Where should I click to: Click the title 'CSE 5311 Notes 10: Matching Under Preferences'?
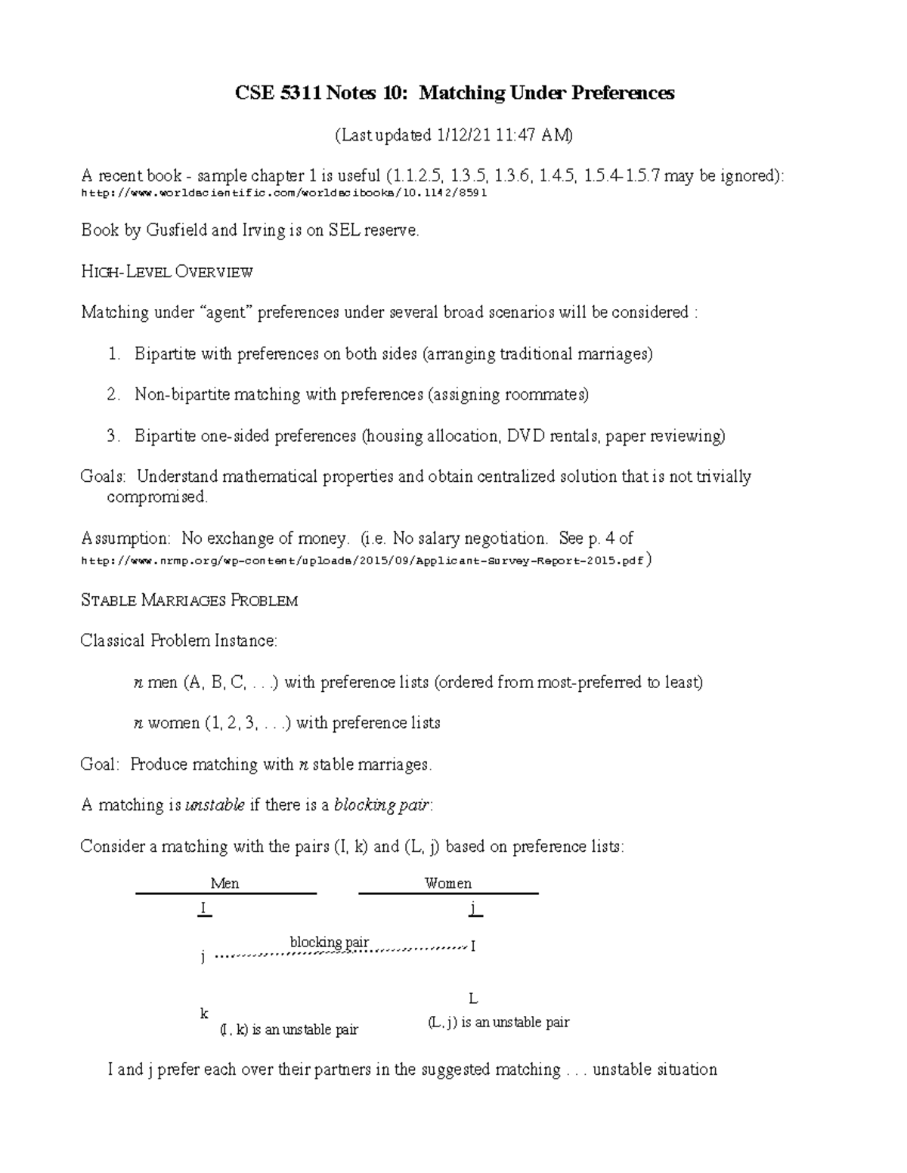coord(454,93)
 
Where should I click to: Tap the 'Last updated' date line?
coord(453,135)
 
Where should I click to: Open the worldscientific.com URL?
coord(283,193)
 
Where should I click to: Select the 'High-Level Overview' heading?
coord(166,272)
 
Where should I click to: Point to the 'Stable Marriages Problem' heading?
coord(189,600)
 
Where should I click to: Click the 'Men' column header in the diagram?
coord(224,883)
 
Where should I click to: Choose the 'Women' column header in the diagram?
coord(447,883)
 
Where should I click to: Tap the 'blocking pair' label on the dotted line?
coord(330,942)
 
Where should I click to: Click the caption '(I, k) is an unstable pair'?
coord(289,1029)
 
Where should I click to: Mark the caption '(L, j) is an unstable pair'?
coord(498,1022)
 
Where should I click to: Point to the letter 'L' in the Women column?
coord(473,999)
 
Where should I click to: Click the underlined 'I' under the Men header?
coord(203,909)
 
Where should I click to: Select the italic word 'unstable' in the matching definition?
coord(215,805)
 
